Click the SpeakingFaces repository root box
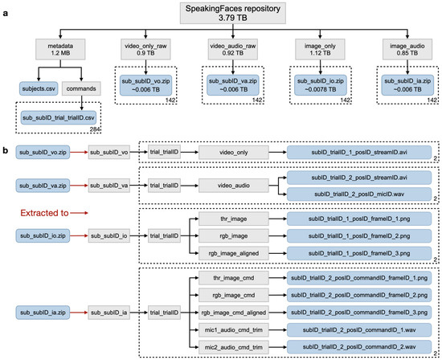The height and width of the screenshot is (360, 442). coord(220,14)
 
